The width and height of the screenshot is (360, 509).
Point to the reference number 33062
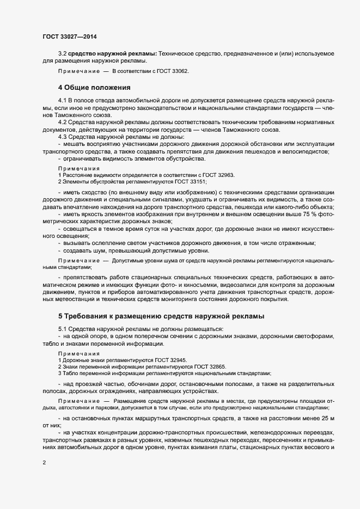pyautogui.click(x=179, y=71)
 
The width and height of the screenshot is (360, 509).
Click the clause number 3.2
pyautogui.click(x=63, y=53)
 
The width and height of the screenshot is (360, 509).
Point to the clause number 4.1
pyautogui.click(x=63, y=101)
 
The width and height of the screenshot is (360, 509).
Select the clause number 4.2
pyautogui.click(x=63, y=122)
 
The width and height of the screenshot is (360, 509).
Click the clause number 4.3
pyautogui.click(x=63, y=136)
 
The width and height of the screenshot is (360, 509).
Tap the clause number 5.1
pyautogui.click(x=63, y=329)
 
